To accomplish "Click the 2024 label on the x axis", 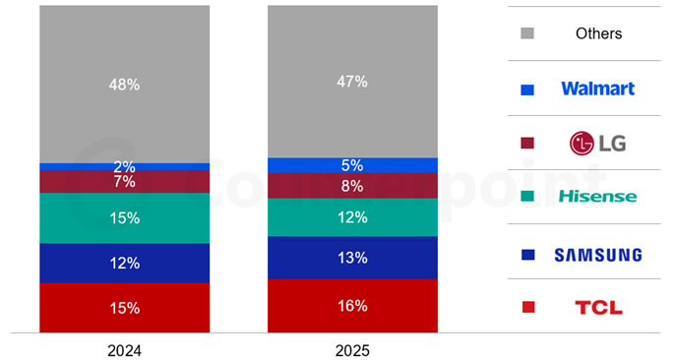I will (124, 349).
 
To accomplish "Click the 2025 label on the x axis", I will (352, 349).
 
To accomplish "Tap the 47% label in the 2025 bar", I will (352, 82).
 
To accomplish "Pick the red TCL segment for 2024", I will (124, 308).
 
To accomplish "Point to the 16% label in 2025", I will (352, 306).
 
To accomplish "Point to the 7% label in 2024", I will (124, 182).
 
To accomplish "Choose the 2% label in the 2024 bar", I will (124, 167).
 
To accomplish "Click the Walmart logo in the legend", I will (598, 89).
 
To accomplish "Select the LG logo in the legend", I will (598, 144).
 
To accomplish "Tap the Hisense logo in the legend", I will (597, 198).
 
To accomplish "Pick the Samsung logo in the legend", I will (598, 255).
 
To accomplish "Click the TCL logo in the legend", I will (598, 309).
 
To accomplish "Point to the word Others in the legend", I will (598, 33).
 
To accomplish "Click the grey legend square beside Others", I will (527, 34).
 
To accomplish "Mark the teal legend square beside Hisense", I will (527, 199).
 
